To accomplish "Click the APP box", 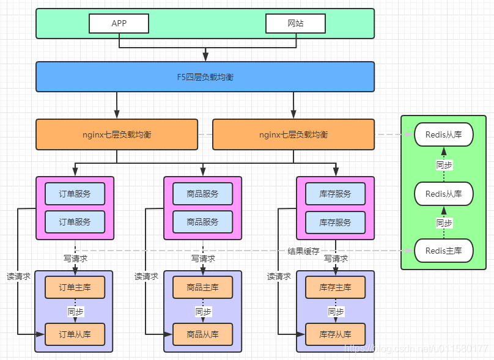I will (119, 23).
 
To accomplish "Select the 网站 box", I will (295, 23).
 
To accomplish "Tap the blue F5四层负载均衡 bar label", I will (205, 77).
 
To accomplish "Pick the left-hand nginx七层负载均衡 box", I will (117, 134).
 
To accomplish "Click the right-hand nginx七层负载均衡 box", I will (293, 134).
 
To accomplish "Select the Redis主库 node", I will (444, 251).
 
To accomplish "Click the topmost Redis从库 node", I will (444, 134).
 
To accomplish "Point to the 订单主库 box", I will (75, 287).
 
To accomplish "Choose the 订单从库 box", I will (75, 334).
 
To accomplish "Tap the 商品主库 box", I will (203, 287).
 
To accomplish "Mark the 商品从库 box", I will (203, 334).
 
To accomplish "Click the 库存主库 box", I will (335, 287).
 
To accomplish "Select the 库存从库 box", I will (335, 334).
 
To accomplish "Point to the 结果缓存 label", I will (303, 251).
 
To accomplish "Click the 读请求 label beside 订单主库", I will (18, 276).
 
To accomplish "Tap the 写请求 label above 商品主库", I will (203, 259).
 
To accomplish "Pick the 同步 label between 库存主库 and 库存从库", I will (336, 312).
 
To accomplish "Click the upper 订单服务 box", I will (75, 194).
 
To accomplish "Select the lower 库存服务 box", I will (335, 222).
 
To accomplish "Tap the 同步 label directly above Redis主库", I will (444, 223).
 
